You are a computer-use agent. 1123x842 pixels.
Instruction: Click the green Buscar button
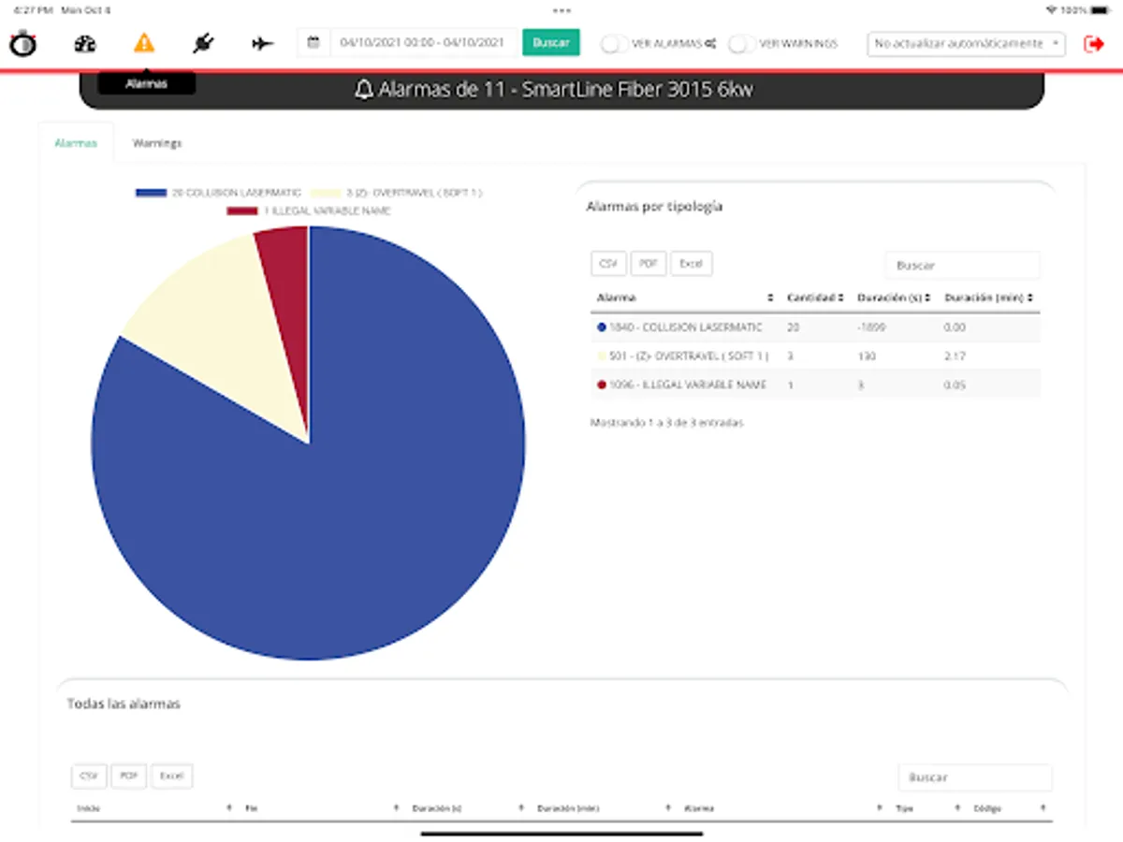tap(550, 42)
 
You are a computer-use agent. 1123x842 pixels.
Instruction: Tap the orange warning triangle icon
tap(143, 43)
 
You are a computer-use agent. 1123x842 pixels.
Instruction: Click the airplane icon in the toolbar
tap(263, 43)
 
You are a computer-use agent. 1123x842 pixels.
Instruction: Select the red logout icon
tap(1093, 43)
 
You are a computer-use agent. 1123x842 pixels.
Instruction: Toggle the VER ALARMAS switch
tap(614, 43)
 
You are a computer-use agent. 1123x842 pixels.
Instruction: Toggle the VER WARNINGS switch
tap(742, 43)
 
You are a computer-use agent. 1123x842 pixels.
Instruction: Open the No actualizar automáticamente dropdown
tap(966, 43)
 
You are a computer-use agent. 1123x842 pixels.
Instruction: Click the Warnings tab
tap(157, 143)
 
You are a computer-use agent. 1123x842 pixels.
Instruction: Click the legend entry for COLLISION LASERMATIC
tap(219, 193)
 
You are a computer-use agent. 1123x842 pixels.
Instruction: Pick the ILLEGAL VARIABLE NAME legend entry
tap(309, 210)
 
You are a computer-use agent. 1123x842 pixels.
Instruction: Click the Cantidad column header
tap(815, 298)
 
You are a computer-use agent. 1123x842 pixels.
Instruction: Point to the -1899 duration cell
tap(871, 327)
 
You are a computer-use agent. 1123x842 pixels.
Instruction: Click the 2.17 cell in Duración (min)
tap(955, 356)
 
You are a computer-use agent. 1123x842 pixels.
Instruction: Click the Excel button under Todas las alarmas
tap(172, 776)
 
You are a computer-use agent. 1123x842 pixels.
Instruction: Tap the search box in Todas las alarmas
tap(974, 777)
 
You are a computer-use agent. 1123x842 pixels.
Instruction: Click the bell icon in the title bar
tap(364, 90)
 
